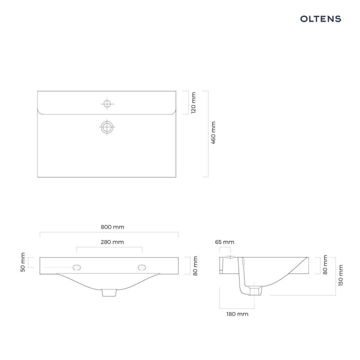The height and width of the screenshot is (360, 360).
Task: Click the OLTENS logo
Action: click(x=320, y=19)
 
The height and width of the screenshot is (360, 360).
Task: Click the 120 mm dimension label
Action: click(x=193, y=102)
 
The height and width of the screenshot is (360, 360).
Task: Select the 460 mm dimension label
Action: click(x=213, y=132)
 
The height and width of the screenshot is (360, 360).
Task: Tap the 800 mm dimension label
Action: click(x=112, y=227)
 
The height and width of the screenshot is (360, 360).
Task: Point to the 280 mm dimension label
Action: click(x=112, y=242)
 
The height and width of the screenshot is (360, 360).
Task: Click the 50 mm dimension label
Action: click(x=22, y=262)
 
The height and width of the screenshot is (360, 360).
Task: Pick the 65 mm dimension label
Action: click(x=224, y=242)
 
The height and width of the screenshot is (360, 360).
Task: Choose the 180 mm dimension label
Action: click(x=237, y=314)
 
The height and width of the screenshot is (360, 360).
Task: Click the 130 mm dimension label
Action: click(x=340, y=275)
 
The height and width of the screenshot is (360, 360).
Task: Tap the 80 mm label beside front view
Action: click(x=195, y=266)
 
